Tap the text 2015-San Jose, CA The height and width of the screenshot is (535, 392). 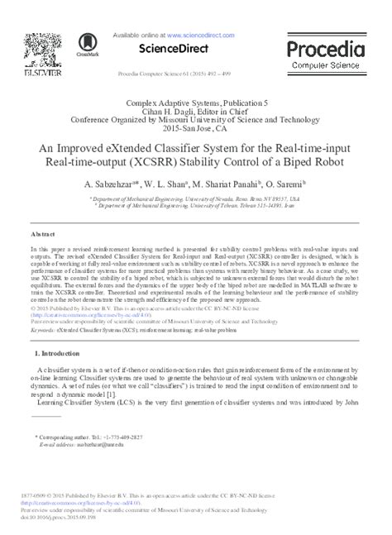195,131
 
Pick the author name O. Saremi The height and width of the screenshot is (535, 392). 284,184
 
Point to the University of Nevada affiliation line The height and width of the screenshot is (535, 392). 195,199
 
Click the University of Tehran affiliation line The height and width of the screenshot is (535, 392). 195,207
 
